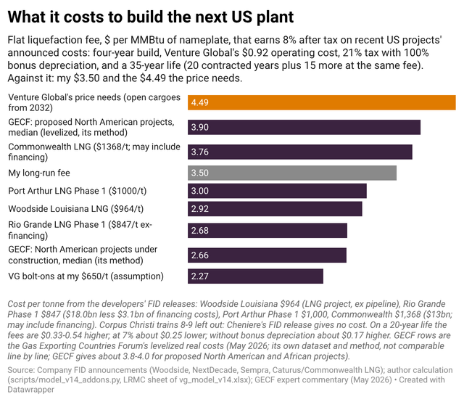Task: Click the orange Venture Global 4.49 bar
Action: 322,102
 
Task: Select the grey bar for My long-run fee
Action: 292,173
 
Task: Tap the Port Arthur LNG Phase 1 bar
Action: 277,191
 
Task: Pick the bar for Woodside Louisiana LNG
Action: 275,209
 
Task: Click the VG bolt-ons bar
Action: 255,276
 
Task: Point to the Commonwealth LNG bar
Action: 300,152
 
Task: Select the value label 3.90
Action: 200,128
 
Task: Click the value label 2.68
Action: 200,231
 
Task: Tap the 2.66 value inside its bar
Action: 200,255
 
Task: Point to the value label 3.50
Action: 200,173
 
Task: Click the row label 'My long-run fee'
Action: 39,173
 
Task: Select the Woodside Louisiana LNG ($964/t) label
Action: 75,209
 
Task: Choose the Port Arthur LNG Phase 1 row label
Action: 78,191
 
